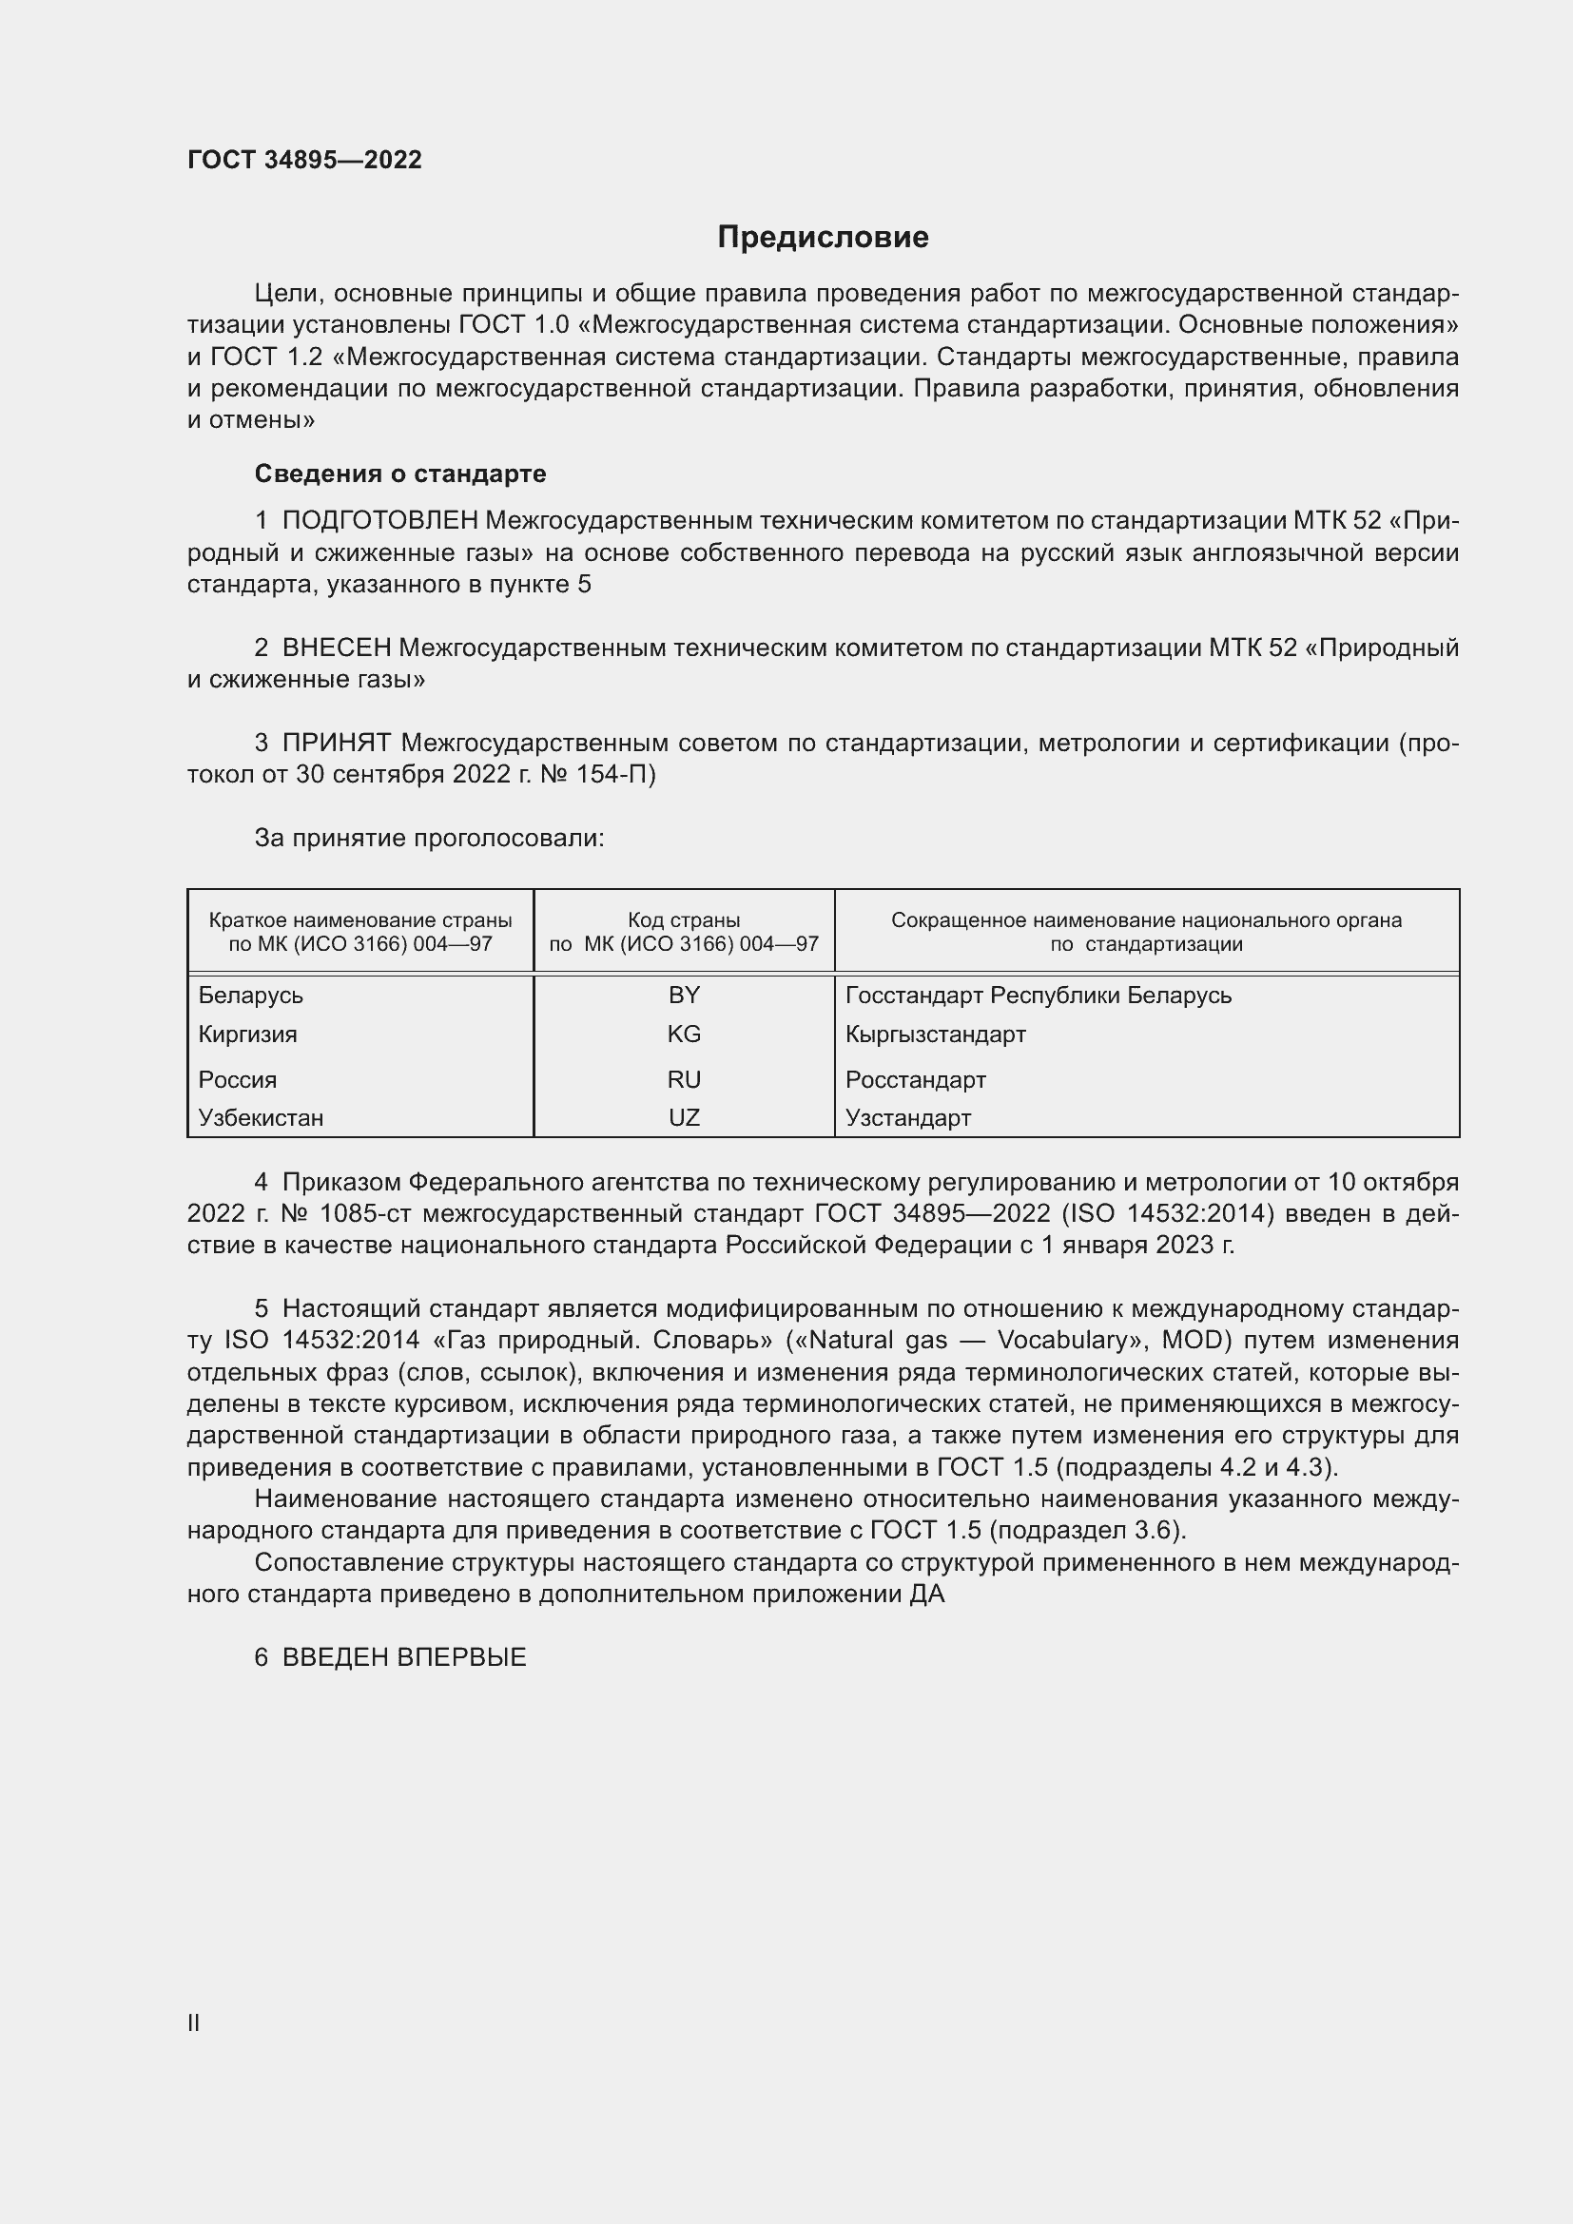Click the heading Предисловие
click(823, 238)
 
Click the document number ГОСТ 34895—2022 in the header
click(304, 160)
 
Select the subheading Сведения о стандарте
click(400, 474)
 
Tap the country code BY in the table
click(684, 995)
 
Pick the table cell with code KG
click(684, 1034)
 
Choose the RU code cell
click(684, 1079)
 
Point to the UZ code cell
click(684, 1118)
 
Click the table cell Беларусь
click(251, 995)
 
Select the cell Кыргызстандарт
click(935, 1034)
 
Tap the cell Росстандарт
click(915, 1079)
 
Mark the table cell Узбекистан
click(261, 1118)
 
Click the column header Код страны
click(684, 920)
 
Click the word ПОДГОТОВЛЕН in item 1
click(379, 521)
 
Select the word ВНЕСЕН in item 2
click(336, 648)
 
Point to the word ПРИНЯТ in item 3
click(336, 743)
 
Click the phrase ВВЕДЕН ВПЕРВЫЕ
click(404, 1657)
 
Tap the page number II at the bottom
click(194, 2022)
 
